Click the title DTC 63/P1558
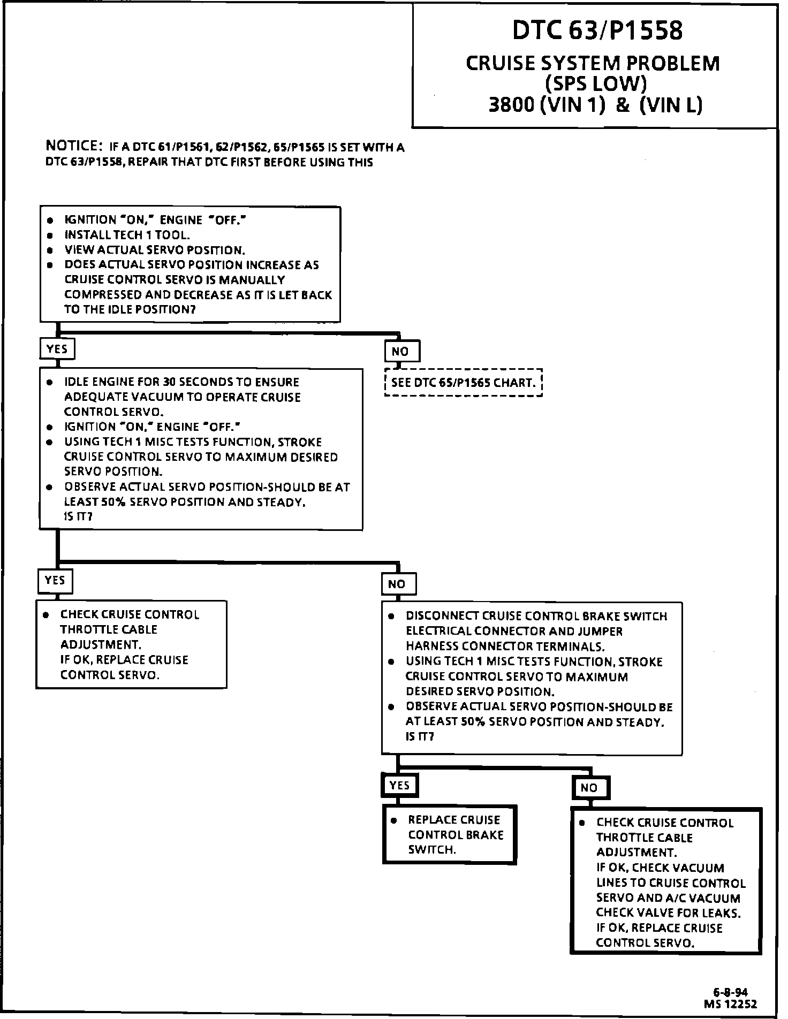click(x=597, y=31)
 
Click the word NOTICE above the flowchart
click(x=74, y=146)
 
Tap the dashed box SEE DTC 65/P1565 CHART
click(x=463, y=383)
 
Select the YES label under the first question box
click(x=57, y=349)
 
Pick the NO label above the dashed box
click(x=401, y=352)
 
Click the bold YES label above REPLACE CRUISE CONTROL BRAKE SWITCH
click(x=399, y=785)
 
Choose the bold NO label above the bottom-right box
click(x=589, y=788)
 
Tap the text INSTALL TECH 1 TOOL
click(x=127, y=235)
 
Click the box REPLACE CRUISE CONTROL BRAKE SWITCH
click(x=450, y=834)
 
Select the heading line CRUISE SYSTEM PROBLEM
click(x=593, y=63)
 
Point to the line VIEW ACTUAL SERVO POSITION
click(x=155, y=250)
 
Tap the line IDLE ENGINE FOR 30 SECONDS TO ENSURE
click(x=181, y=382)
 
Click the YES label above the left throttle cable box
click(x=55, y=581)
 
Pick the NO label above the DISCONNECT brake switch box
click(x=397, y=584)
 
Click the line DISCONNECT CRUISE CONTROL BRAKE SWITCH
click(x=536, y=616)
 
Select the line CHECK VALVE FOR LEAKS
click(x=669, y=913)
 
